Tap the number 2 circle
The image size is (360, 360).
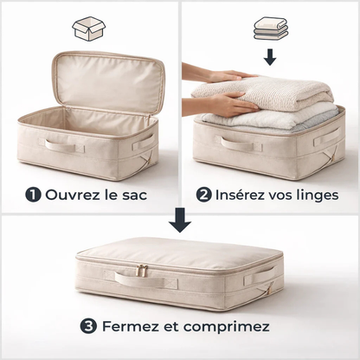tap(203, 195)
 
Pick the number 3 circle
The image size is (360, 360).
tap(89, 327)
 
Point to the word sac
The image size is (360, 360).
tap(134, 195)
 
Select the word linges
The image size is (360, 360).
tap(315, 195)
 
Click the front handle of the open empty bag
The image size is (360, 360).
tap(66, 145)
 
